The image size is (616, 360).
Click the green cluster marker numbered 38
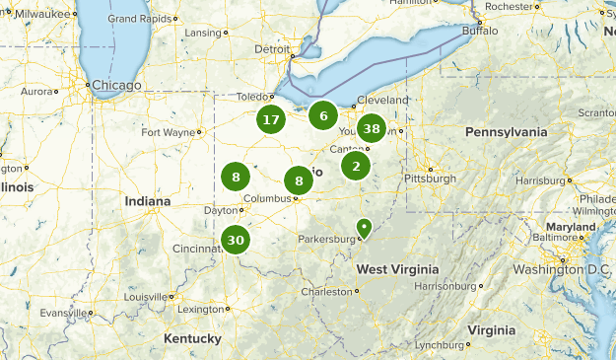(372, 128)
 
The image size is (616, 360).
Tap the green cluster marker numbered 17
(270, 120)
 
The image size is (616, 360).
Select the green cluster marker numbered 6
(322, 115)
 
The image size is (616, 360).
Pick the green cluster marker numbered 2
(356, 166)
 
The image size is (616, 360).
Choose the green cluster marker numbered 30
(235, 240)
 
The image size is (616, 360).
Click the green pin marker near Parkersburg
(363, 229)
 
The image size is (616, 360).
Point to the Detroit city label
(272, 48)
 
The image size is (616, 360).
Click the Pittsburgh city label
(431, 179)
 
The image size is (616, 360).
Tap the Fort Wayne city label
(168, 132)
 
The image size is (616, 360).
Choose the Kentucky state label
(192, 338)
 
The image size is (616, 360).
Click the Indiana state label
(148, 201)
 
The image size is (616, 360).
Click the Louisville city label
(145, 296)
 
